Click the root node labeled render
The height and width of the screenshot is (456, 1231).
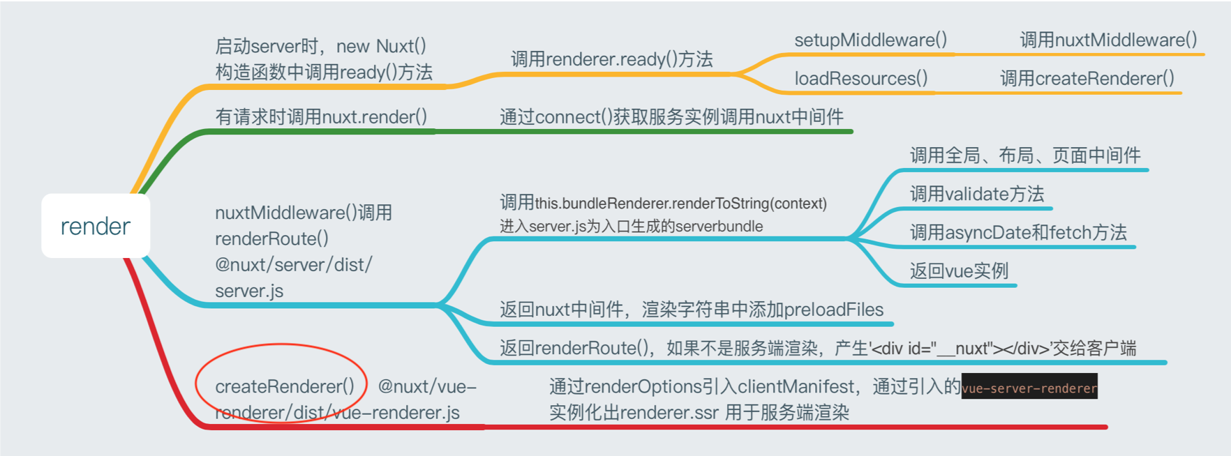point(96,226)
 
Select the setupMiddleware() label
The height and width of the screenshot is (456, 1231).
point(870,40)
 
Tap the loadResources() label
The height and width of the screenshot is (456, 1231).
point(860,78)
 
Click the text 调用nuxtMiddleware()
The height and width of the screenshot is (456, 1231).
point(1108,40)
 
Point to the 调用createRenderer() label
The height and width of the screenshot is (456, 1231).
point(1087,78)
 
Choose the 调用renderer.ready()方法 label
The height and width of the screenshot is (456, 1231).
point(611,59)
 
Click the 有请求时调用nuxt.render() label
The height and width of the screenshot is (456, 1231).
point(321,116)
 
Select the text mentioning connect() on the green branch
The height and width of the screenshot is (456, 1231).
point(671,116)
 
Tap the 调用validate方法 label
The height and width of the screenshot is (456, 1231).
point(976,194)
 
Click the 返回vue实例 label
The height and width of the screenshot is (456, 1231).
point(959,271)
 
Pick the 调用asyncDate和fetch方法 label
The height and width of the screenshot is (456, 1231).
point(1018,232)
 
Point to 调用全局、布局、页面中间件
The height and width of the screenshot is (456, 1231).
point(1024,155)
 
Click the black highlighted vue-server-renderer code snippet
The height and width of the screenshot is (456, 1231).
point(1029,388)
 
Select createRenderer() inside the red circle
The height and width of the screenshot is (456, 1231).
point(285,386)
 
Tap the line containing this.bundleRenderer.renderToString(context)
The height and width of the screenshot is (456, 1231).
point(663,203)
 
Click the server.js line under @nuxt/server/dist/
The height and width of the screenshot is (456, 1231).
point(249,291)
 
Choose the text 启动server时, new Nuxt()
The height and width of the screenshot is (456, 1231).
point(320,46)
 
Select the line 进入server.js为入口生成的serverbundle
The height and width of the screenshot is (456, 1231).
point(631,226)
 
